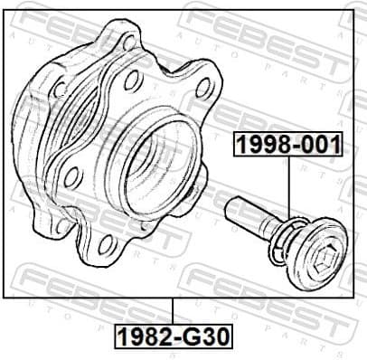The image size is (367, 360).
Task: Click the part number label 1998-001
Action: coord(288,143)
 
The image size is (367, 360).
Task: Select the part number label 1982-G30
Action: coord(173,337)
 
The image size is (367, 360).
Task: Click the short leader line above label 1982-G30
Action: coord(172,310)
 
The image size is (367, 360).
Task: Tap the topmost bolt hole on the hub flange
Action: coord(129,43)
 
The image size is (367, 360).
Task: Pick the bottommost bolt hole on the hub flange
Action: coord(108,242)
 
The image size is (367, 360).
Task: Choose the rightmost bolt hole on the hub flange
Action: coord(203,88)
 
